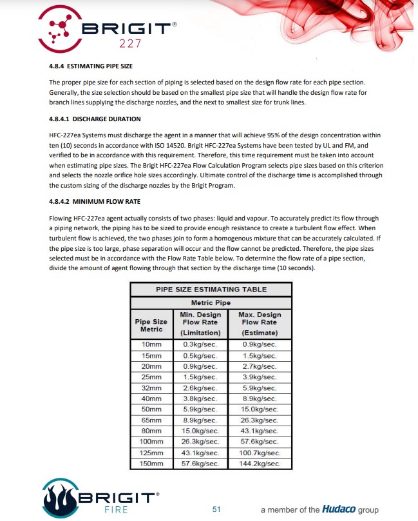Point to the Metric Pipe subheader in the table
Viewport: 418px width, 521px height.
[211, 302]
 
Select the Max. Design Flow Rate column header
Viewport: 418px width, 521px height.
[260, 323]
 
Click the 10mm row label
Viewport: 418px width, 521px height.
[151, 344]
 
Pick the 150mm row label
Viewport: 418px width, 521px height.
[151, 464]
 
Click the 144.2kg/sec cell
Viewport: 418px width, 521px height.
[260, 464]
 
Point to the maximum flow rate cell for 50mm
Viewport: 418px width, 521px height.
[260, 409]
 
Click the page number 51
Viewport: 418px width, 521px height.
[216, 509]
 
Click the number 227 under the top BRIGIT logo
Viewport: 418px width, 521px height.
[128, 44]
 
